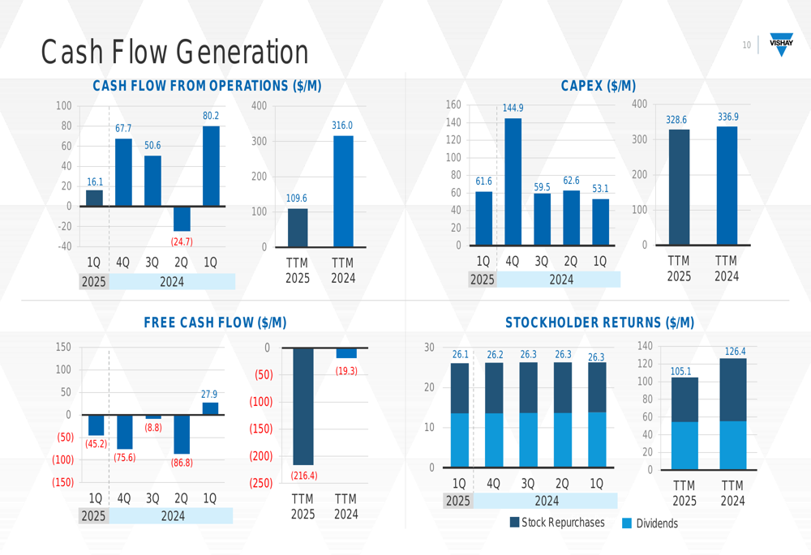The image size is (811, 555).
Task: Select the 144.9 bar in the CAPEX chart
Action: (x=513, y=181)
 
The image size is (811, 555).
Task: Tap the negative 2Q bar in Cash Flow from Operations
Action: (x=182, y=219)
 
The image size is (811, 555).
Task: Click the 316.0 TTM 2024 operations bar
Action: (x=343, y=191)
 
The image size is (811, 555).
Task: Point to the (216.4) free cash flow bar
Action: (x=303, y=406)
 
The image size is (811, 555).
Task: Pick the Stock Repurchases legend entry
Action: (x=557, y=523)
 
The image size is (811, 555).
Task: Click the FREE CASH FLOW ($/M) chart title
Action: (x=215, y=322)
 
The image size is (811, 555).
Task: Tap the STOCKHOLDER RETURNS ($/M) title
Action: (x=599, y=322)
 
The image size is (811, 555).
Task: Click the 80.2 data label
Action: (x=211, y=117)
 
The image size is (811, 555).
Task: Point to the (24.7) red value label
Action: (x=181, y=241)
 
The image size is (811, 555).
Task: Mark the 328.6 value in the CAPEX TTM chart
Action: (x=676, y=120)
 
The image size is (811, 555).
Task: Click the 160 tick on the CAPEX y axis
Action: (x=453, y=105)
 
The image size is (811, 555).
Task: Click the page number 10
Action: (x=746, y=45)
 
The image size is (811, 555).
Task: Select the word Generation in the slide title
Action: (x=242, y=52)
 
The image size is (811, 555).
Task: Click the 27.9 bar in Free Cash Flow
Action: (x=210, y=408)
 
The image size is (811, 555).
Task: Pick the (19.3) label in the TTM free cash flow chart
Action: (x=346, y=371)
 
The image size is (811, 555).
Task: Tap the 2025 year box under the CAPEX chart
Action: (x=483, y=280)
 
